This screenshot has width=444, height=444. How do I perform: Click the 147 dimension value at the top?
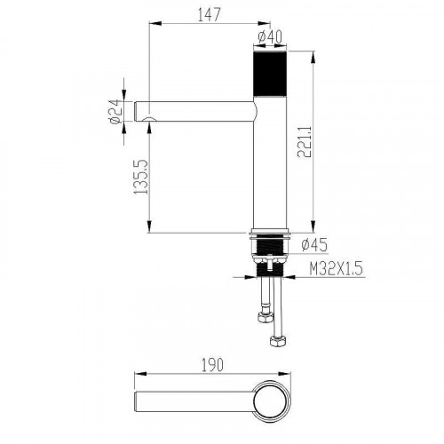210,14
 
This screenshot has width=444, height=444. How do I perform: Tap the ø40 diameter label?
270,37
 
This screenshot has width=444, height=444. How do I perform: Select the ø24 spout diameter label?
115,111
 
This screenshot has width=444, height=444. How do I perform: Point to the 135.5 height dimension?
140,177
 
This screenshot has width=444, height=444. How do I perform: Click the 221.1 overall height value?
305,142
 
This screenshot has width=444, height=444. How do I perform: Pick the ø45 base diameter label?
314,245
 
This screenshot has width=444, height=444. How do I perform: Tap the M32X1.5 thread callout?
337,269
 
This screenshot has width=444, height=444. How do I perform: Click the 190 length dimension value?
212,365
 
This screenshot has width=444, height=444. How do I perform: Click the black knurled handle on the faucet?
270,74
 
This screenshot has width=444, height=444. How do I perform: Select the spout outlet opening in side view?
149,119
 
